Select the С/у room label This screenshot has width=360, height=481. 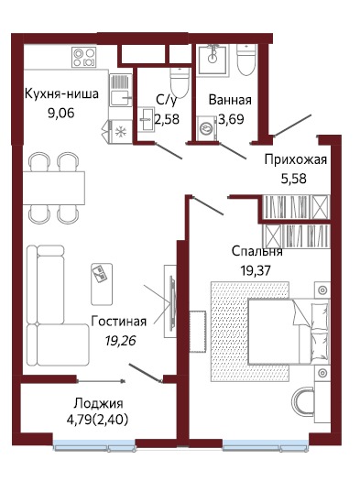pos(166,101)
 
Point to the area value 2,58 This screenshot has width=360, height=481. pos(167,118)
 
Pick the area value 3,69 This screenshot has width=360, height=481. pos(229,118)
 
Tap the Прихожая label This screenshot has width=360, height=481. pos(294,160)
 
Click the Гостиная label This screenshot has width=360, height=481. pos(119,322)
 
